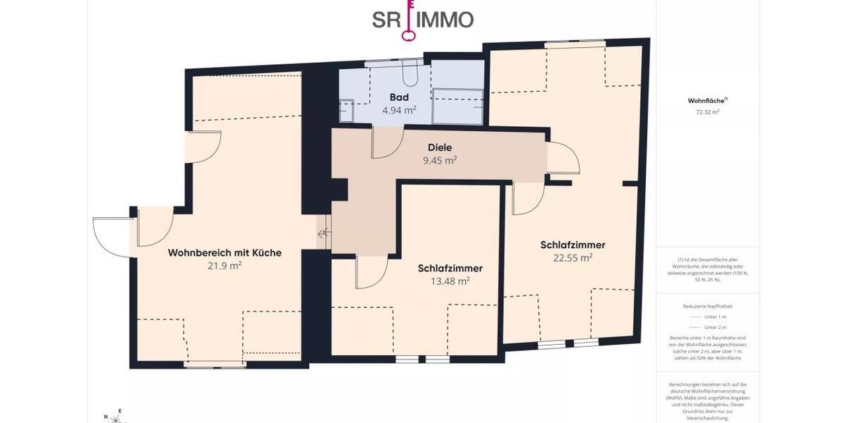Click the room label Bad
pos(399,97)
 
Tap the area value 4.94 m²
pos(399,110)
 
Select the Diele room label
pos(439,147)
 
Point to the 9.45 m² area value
pos(439,160)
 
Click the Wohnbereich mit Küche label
pos(224,252)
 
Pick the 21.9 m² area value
pos(224,266)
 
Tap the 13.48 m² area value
pos(450,281)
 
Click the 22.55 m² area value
pos(572,258)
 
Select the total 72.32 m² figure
pos(707,112)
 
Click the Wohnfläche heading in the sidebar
pos(705,101)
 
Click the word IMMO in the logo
pos(445,20)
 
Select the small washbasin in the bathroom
pos(346,110)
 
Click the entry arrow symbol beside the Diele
pos(323,234)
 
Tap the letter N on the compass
pos(106,417)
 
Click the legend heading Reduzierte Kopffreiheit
pos(707,307)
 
